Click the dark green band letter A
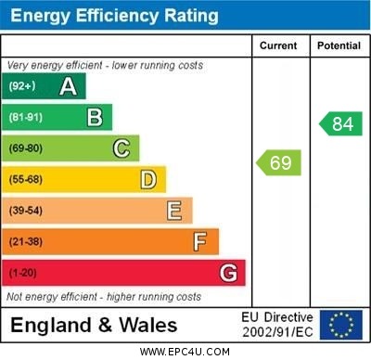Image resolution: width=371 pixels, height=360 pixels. tap(68, 86)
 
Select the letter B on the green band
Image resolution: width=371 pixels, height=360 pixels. tap(95, 117)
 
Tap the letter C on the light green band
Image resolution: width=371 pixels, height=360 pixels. tap(122, 148)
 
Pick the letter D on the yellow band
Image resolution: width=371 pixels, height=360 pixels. tap(148, 179)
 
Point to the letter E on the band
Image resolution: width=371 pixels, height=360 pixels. tap(174, 211)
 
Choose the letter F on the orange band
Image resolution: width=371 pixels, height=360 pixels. tap(200, 242)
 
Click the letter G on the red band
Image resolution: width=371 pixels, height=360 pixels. tap(228, 274)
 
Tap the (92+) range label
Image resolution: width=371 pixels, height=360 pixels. tap(21, 86)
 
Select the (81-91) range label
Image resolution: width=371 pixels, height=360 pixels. tap(25, 118)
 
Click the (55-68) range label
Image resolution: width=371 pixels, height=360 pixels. tap(25, 180)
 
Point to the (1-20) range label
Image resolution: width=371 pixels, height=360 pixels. tap(22, 274)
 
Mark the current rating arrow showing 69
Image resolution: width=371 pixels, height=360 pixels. tap(279, 163)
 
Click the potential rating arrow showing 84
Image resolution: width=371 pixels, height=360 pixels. tap(340, 123)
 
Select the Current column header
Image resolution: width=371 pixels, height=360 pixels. tap(278, 45)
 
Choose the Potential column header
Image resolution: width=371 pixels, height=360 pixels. tap(339, 45)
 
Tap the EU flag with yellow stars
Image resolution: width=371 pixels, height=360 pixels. tap(340, 325)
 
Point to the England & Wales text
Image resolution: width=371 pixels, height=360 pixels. tap(94, 325)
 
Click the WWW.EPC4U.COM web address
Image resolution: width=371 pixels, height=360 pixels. tap(184, 352)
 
